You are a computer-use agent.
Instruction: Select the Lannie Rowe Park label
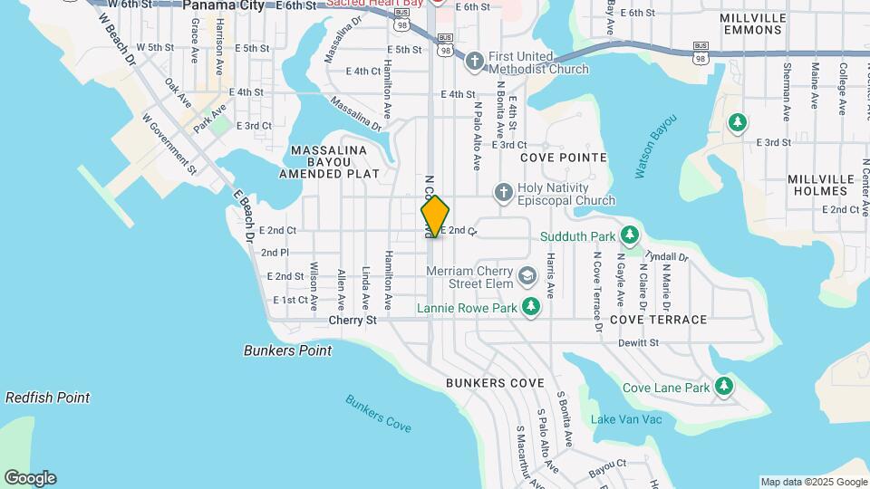click(467, 308)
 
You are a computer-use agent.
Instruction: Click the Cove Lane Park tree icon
click(723, 388)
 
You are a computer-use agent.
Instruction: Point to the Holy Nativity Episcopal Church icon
click(503, 192)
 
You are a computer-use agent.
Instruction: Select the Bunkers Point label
click(287, 350)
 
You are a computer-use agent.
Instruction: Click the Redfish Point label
click(47, 398)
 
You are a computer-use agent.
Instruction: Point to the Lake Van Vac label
click(626, 419)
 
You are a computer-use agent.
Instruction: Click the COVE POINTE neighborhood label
click(563, 158)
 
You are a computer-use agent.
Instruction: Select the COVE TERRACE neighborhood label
click(658, 320)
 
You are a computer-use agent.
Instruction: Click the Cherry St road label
click(353, 320)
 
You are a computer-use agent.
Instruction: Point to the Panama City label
click(223, 5)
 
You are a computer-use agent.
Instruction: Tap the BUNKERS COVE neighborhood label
click(495, 383)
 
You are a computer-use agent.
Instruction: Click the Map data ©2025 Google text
click(813, 482)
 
